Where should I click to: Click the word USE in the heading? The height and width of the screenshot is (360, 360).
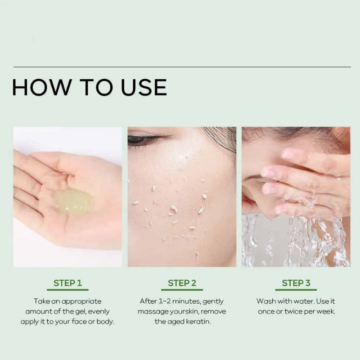coord(144,87)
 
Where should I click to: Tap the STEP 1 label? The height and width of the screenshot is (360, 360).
coord(68,283)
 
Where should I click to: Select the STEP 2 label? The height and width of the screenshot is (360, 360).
coord(182,283)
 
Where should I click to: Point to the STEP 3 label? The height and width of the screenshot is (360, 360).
coord(296,283)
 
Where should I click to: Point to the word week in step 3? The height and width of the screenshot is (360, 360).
coord(329,311)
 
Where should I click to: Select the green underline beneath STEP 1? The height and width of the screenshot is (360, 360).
coord(68,290)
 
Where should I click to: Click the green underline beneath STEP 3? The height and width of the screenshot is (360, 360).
coord(296,290)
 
